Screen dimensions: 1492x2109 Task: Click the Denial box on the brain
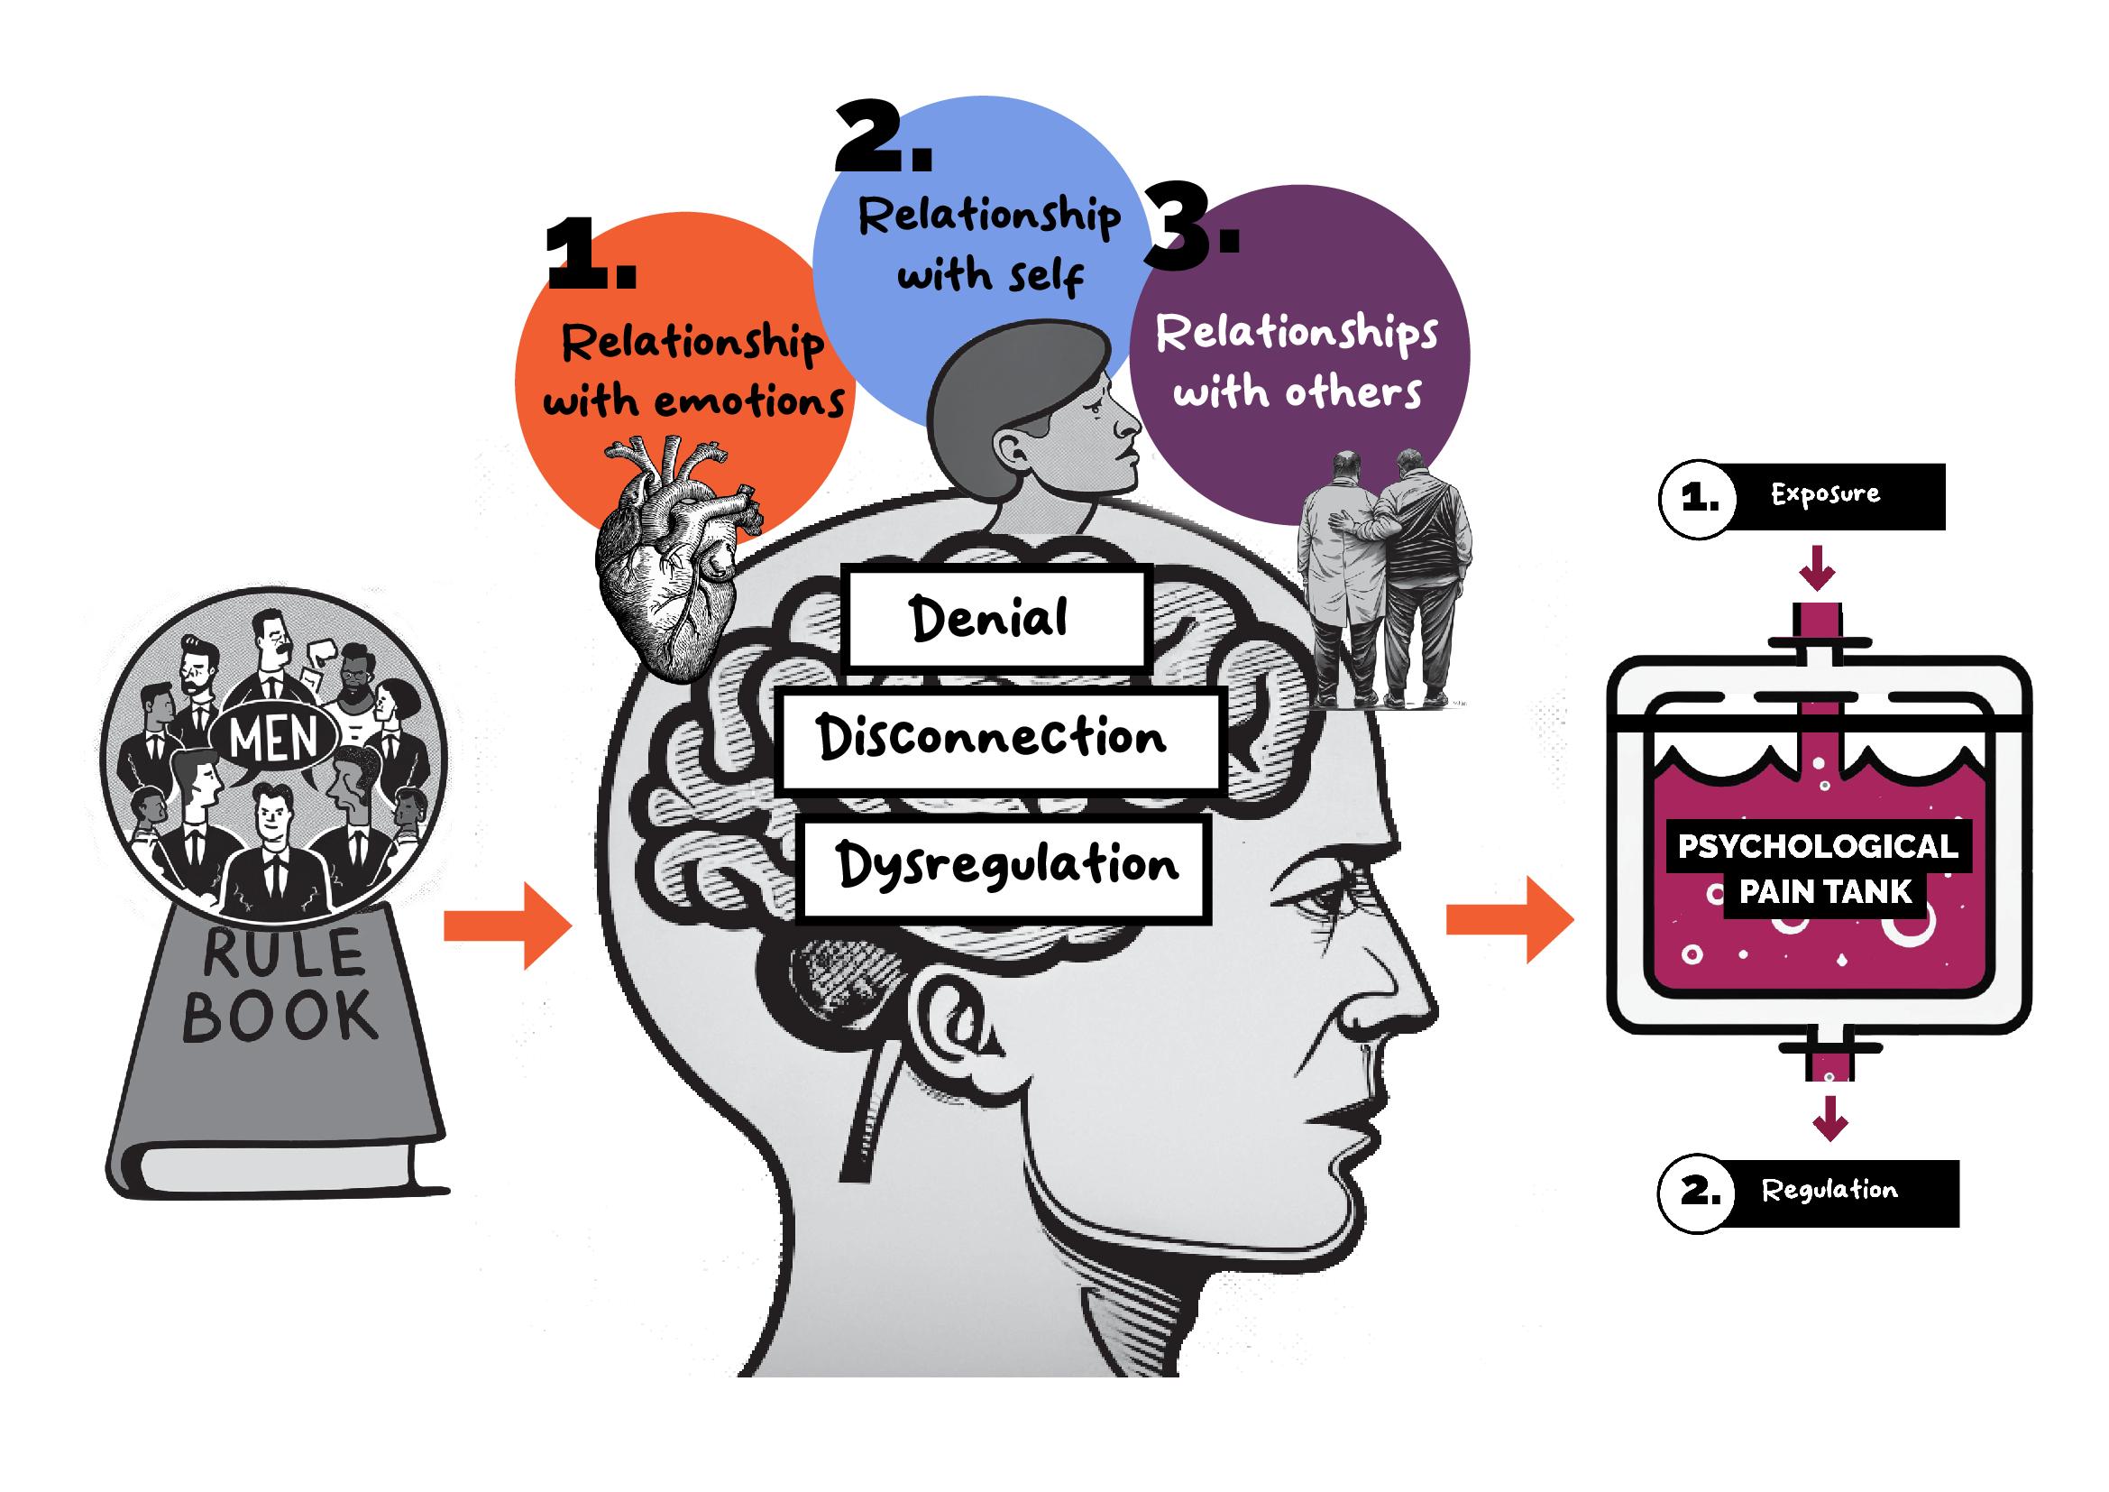(996, 617)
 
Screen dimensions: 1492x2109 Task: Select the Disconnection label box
(998, 741)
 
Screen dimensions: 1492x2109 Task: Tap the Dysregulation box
(1003, 867)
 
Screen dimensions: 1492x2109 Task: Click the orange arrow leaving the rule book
(506, 926)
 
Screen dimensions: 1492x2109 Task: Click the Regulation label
(1828, 1192)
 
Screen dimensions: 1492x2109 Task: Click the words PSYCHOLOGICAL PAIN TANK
(1819, 868)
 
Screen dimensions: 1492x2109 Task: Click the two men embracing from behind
(1383, 579)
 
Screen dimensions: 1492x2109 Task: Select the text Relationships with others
(1297, 363)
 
